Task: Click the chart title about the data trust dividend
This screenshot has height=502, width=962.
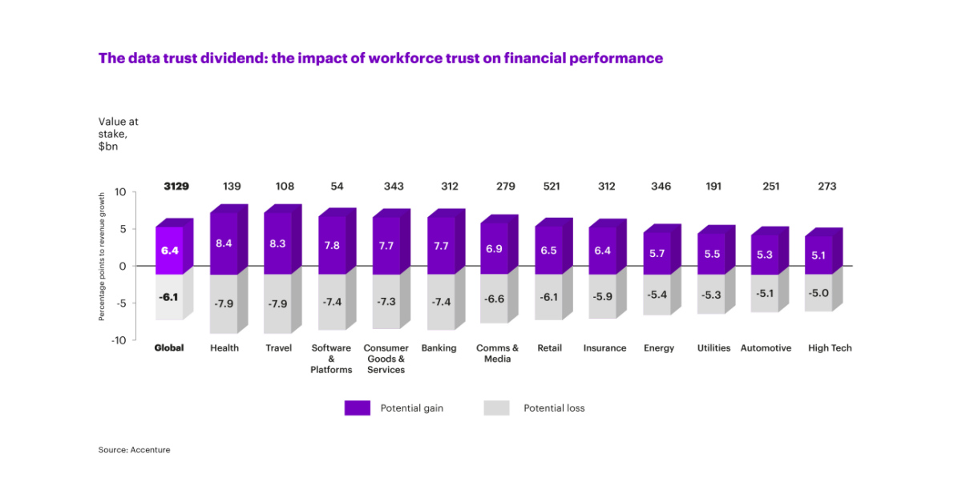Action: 380,58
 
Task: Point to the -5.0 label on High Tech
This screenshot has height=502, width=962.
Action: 819,293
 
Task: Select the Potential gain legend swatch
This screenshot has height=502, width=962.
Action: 357,408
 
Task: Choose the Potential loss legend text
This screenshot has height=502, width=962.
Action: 554,408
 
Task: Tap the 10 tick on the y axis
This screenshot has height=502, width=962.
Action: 121,192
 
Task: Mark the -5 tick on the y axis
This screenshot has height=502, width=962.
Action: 119,303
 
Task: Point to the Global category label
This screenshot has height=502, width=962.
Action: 169,348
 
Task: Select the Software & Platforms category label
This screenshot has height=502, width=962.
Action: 331,359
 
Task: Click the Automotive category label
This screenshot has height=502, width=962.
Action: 766,348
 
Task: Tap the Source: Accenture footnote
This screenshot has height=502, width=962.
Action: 134,450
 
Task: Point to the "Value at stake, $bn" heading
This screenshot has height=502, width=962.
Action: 118,135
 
